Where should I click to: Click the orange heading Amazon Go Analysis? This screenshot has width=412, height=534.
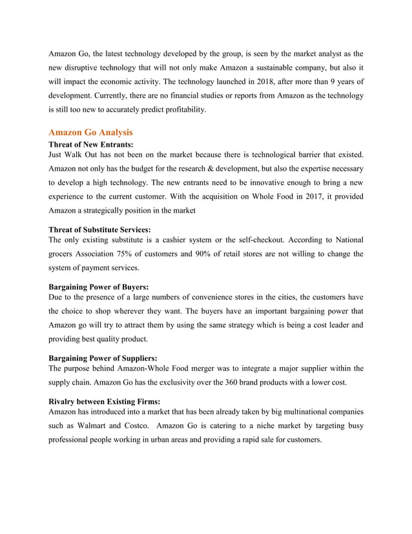tap(90, 133)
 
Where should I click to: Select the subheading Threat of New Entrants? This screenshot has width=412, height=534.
tap(91, 145)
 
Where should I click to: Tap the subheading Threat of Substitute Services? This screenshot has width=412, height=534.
tap(100, 230)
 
